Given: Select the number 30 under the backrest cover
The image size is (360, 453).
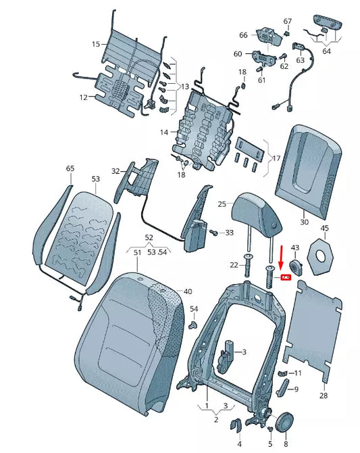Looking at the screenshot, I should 304,222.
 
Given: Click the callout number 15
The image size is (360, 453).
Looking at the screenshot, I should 95,44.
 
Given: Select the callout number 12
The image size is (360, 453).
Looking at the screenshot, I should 83,97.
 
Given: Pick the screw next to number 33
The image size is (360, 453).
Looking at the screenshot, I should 215,233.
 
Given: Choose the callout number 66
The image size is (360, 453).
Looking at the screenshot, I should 244,35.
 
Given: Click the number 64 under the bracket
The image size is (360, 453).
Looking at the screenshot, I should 327,51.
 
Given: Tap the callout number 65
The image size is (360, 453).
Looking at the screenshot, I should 70,168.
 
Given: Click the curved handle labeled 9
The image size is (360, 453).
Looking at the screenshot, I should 284,387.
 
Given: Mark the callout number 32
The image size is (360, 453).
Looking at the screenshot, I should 115,171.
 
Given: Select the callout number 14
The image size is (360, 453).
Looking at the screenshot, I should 164,133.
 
